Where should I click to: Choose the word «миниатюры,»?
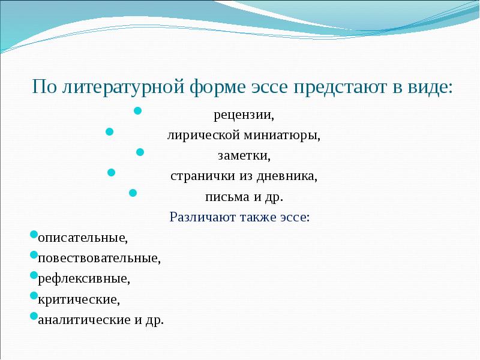point(283,136)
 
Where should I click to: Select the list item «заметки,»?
point(244,156)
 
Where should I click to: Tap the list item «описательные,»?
point(83,238)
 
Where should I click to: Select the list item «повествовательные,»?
point(99,259)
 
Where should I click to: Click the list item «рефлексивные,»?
point(83,279)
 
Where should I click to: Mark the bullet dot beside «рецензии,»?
point(137,112)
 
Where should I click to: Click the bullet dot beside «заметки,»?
point(140,152)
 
